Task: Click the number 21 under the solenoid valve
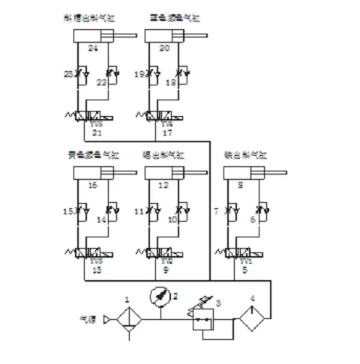point(96,133)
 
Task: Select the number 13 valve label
point(96,271)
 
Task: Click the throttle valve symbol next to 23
point(80,76)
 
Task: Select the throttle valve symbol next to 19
point(152,76)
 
